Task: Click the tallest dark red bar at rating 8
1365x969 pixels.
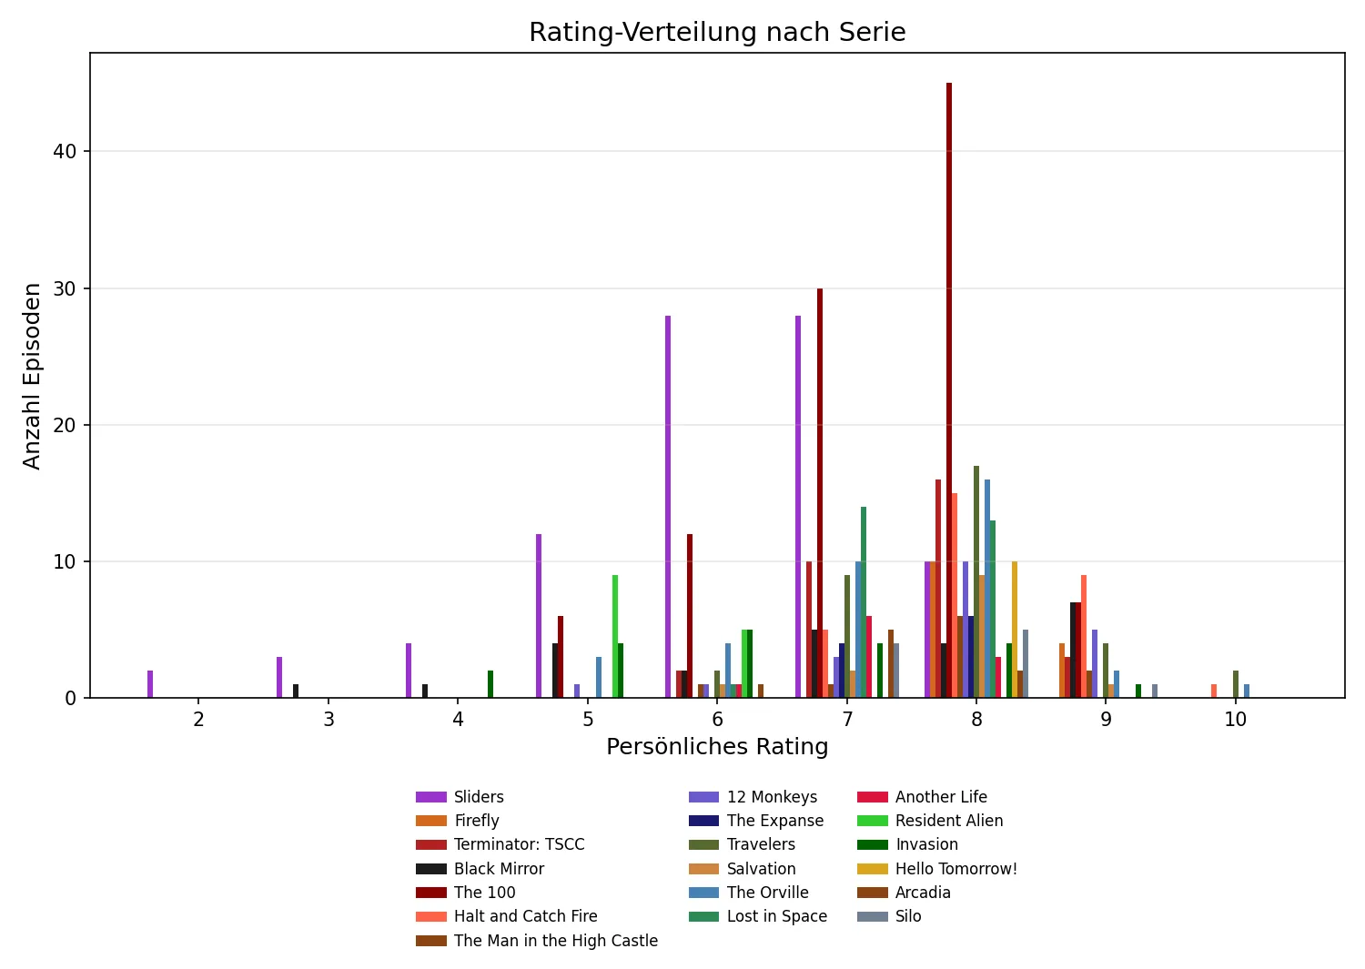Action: click(x=949, y=391)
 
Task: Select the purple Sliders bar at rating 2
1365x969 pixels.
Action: click(x=150, y=684)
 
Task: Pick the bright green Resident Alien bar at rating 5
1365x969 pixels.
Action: click(x=615, y=637)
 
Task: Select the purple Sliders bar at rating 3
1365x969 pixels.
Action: click(x=279, y=678)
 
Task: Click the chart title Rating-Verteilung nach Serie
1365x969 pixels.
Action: click(x=717, y=33)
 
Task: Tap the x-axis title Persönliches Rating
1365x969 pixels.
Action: click(x=717, y=747)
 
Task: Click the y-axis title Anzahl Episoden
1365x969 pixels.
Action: click(x=33, y=376)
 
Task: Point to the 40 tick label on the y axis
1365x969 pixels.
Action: click(x=66, y=151)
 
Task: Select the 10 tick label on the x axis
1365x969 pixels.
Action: click(x=1235, y=720)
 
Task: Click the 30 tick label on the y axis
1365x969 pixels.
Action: click(x=66, y=288)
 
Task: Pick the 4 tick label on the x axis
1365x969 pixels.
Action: click(x=458, y=720)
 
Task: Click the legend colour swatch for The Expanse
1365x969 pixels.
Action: click(x=703, y=821)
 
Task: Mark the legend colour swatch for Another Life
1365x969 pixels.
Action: click(x=872, y=797)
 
